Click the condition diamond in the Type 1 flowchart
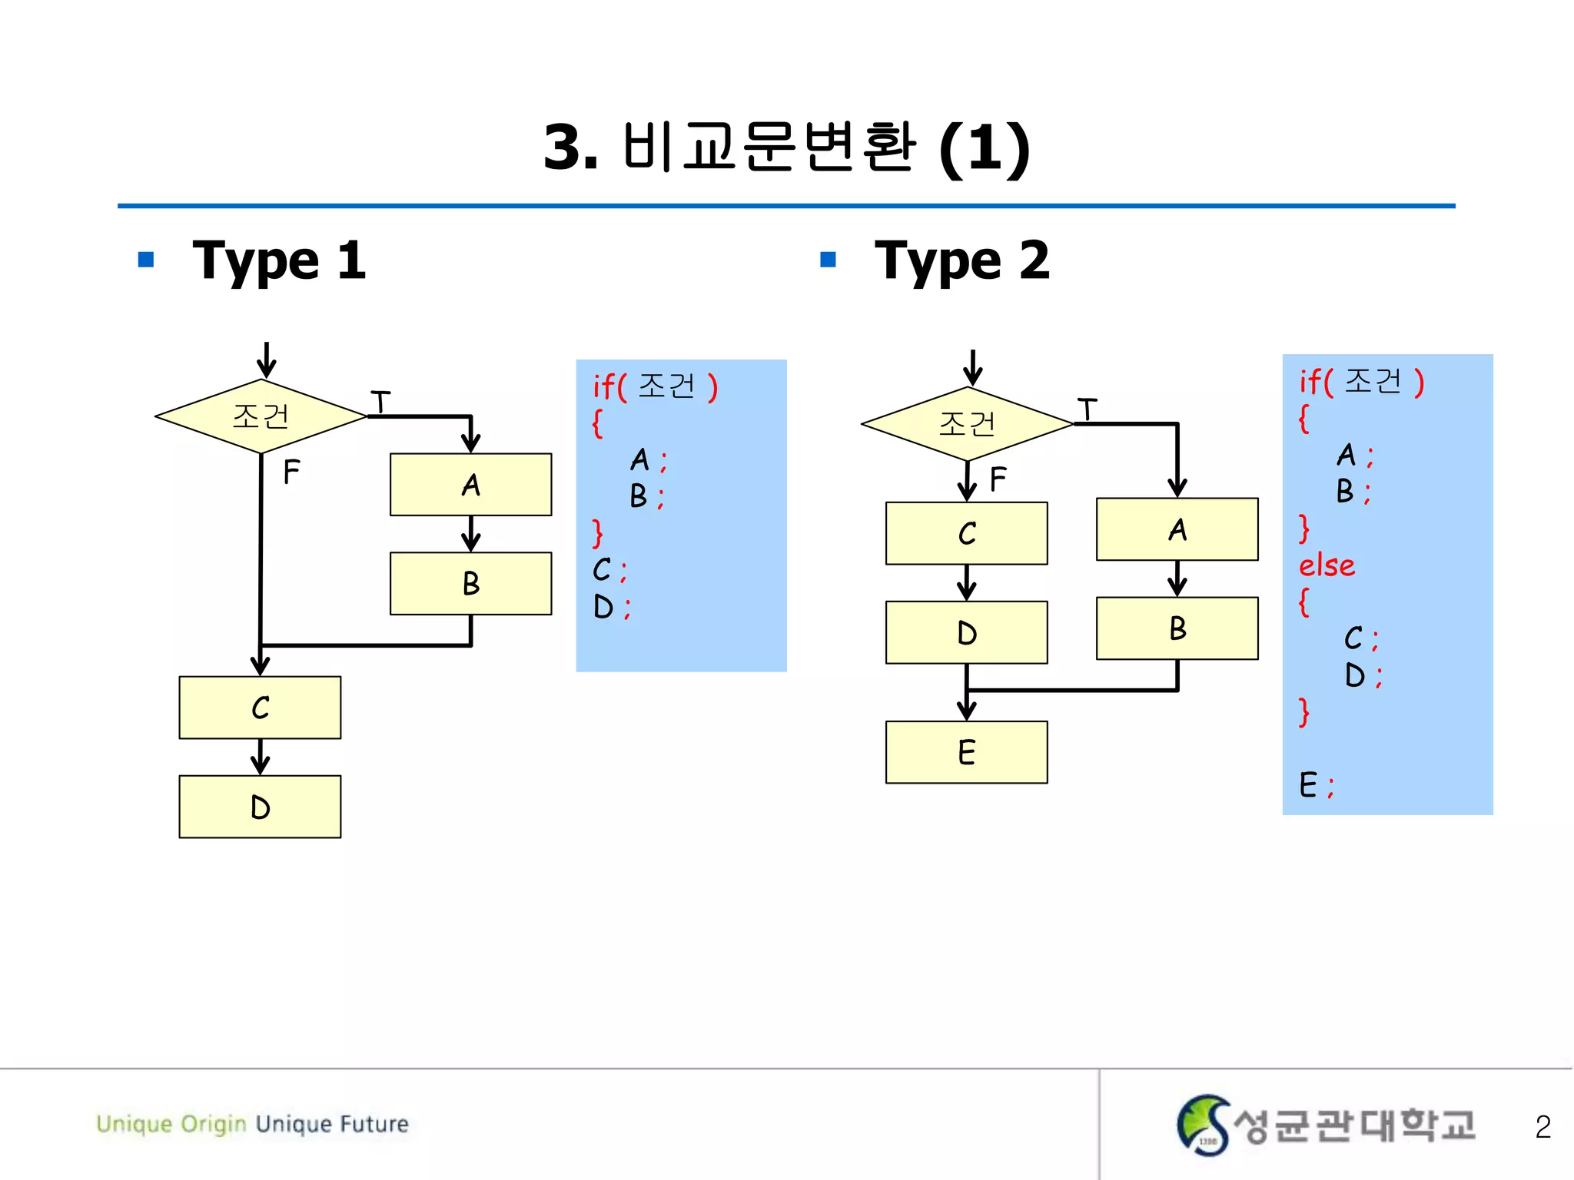tap(261, 416)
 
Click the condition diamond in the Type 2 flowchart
tap(967, 424)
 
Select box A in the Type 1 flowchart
tap(470, 485)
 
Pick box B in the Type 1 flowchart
tap(470, 584)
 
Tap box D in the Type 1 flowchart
tap(260, 807)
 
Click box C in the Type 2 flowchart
tap(966, 533)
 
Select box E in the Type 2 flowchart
tap(966, 752)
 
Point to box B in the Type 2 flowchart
tap(1177, 628)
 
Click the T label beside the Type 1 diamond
tap(380, 402)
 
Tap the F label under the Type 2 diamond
tap(998, 479)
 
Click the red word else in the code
tap(1327, 565)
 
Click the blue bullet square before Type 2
tap(828, 260)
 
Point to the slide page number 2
tap(1542, 1127)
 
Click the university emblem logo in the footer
tap(1203, 1125)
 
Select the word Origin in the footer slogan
tap(213, 1124)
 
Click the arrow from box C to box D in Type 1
tap(260, 757)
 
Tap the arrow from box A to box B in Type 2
tap(1177, 578)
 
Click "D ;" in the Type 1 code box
tap(611, 608)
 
